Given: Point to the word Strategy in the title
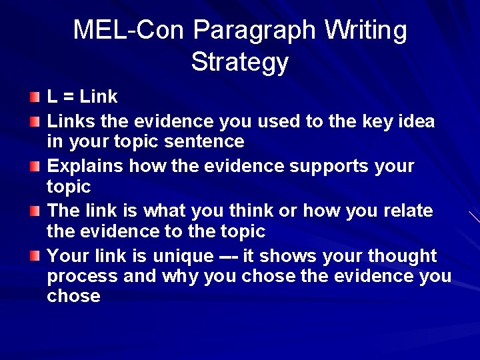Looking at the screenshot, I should point(239,62).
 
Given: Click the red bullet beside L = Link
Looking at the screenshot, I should point(35,98).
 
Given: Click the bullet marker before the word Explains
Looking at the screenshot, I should point(35,167).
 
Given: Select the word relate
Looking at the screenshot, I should point(408,211).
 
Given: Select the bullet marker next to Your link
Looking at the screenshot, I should point(35,257).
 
